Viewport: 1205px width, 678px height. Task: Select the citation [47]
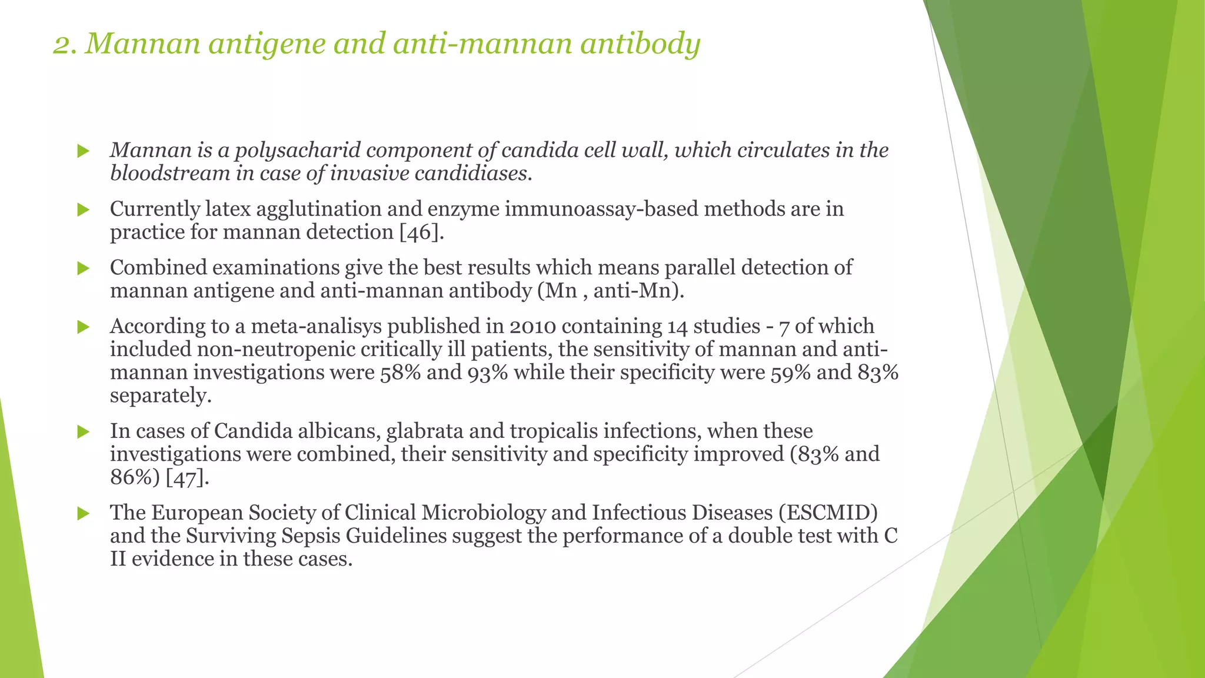click(187, 477)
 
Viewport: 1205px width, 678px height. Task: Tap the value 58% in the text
click(400, 373)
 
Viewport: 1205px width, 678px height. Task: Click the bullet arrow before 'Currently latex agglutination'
click(83, 210)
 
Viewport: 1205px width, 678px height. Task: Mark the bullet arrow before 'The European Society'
click(83, 513)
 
